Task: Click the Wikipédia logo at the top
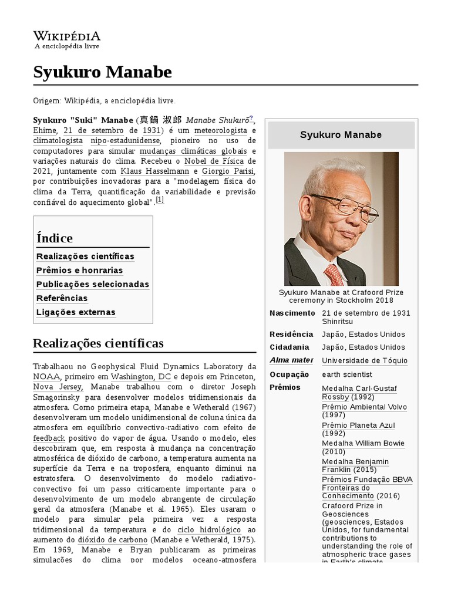(66, 40)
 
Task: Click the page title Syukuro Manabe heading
(103, 72)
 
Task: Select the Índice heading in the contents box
(55, 238)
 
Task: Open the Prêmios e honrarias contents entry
(79, 270)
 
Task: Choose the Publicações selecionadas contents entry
(92, 284)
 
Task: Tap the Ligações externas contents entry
(76, 312)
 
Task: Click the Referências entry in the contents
(62, 298)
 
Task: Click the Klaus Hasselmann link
(156, 171)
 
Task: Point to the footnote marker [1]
(160, 200)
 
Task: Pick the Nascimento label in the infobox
(292, 313)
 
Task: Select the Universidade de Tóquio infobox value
(364, 360)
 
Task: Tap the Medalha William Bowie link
(363, 443)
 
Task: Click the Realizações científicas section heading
(98, 343)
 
